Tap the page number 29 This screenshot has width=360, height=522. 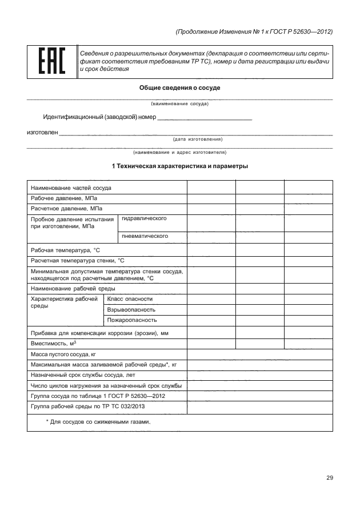[x=329, y=478]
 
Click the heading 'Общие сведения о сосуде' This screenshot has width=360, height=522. [x=179, y=88]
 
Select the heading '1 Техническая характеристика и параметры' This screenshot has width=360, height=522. [x=179, y=166]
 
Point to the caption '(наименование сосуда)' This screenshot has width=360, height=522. [x=179, y=104]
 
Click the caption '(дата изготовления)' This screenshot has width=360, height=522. [x=197, y=139]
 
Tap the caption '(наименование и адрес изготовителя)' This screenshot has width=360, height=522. [x=179, y=153]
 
